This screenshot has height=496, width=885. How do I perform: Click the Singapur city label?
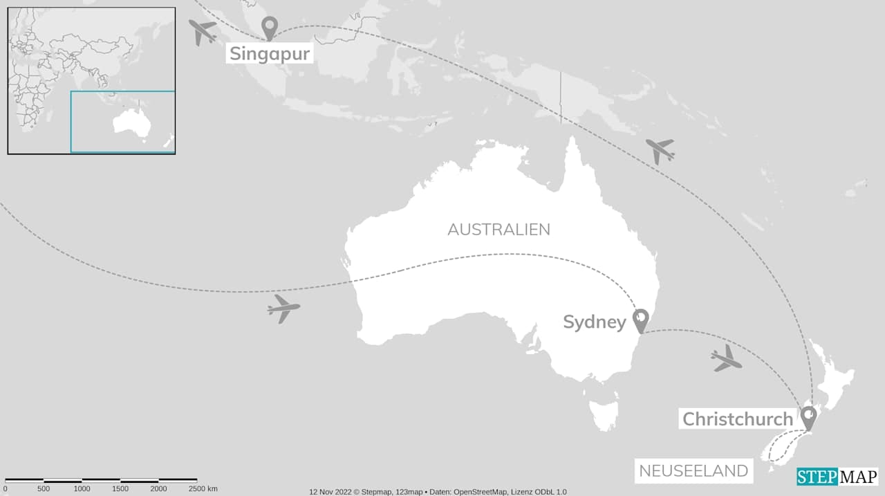(270, 53)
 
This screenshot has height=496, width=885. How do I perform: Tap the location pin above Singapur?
(269, 27)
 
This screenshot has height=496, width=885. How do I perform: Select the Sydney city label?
(595, 322)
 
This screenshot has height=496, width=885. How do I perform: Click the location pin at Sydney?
(641, 319)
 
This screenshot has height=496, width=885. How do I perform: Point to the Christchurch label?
(738, 419)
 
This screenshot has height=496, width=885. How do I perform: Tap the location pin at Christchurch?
(808, 416)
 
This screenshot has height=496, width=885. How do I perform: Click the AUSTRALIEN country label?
(499, 230)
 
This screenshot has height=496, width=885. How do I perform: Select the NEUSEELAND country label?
(693, 471)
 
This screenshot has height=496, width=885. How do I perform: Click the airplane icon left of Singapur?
(203, 31)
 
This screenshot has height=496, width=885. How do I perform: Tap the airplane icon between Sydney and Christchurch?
(726, 358)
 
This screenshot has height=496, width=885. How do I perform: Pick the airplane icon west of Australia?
(283, 309)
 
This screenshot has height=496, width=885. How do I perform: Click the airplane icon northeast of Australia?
(660, 150)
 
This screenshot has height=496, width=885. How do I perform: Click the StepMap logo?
(837, 477)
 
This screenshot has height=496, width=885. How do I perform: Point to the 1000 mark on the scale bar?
(82, 488)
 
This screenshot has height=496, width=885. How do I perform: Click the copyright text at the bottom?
(438, 492)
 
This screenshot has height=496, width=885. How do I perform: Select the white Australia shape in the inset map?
(132, 124)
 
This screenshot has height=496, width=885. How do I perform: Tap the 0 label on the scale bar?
(5, 488)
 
